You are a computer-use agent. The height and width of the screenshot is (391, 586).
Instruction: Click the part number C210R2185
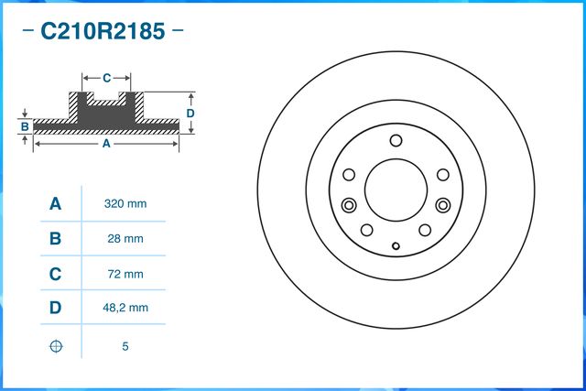[x=102, y=32]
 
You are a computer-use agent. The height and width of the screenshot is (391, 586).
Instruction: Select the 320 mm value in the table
[x=126, y=203]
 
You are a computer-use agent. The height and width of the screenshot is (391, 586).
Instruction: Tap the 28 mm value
[x=126, y=239]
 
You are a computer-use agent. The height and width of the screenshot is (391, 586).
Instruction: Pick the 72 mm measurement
[x=126, y=274]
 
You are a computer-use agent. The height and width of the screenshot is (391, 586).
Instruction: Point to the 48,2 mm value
[x=126, y=309]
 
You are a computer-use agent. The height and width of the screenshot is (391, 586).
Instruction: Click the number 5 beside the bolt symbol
[x=126, y=346]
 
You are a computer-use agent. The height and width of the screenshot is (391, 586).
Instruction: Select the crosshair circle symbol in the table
[x=55, y=346]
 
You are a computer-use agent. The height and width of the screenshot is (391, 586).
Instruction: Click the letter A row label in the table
[x=55, y=203]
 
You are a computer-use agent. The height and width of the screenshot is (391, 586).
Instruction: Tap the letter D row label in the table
[x=55, y=309]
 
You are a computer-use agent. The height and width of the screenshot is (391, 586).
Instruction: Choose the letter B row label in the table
[x=55, y=239]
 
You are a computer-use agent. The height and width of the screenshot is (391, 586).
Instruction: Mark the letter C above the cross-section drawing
[x=106, y=78]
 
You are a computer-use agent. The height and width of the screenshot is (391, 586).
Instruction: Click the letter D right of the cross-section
[x=190, y=113]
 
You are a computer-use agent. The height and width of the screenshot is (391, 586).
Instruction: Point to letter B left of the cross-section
[x=26, y=125]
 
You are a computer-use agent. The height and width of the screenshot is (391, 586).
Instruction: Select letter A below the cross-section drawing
[x=106, y=144]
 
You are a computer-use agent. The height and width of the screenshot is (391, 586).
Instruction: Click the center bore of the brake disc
[x=396, y=190]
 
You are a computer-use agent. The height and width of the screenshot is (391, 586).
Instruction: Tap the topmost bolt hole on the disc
[x=396, y=141]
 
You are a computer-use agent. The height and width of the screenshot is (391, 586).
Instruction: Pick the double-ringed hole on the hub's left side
[x=348, y=205]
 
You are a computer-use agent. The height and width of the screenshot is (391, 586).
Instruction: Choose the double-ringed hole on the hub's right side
[x=443, y=205]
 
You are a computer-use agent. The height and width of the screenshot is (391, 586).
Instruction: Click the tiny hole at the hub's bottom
[x=396, y=245]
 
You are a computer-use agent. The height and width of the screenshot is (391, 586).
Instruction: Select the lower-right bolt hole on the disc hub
[x=425, y=231]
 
